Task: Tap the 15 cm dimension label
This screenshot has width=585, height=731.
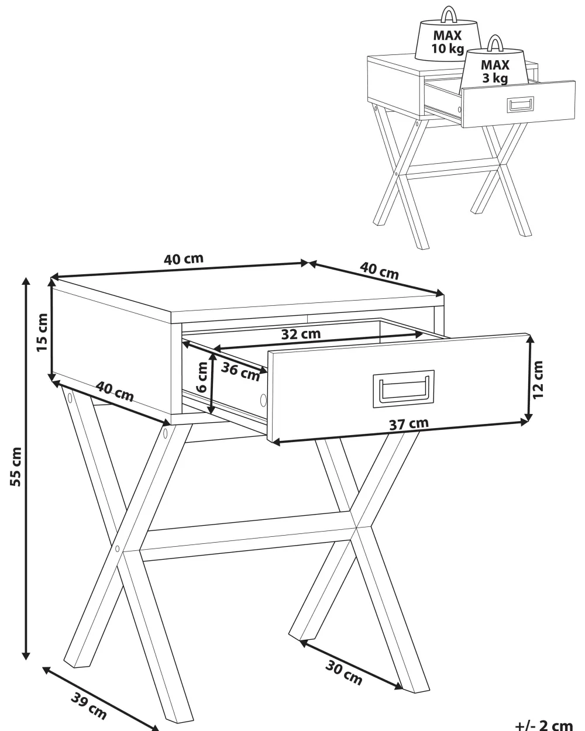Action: click(x=42, y=332)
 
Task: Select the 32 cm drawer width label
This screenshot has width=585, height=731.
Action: click(x=301, y=334)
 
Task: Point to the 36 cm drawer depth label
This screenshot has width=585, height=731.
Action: click(x=240, y=371)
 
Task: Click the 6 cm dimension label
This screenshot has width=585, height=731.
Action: click(x=202, y=378)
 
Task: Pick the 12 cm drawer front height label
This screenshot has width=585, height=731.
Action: click(x=538, y=379)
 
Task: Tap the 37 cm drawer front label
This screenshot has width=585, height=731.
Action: click(x=409, y=423)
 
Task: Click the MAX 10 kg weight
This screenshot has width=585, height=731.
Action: click(x=448, y=41)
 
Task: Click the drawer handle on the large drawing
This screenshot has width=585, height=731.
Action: click(x=404, y=387)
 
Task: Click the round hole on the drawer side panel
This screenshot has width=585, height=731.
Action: click(x=263, y=400)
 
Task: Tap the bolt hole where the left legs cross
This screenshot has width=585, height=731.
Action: click(x=118, y=549)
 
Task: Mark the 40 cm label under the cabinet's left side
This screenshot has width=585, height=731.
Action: click(x=115, y=391)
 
